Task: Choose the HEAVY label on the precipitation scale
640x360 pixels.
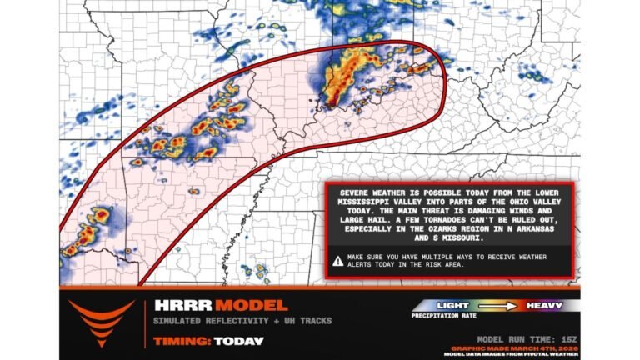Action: (x=542, y=306)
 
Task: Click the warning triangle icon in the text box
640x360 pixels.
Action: (x=337, y=260)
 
